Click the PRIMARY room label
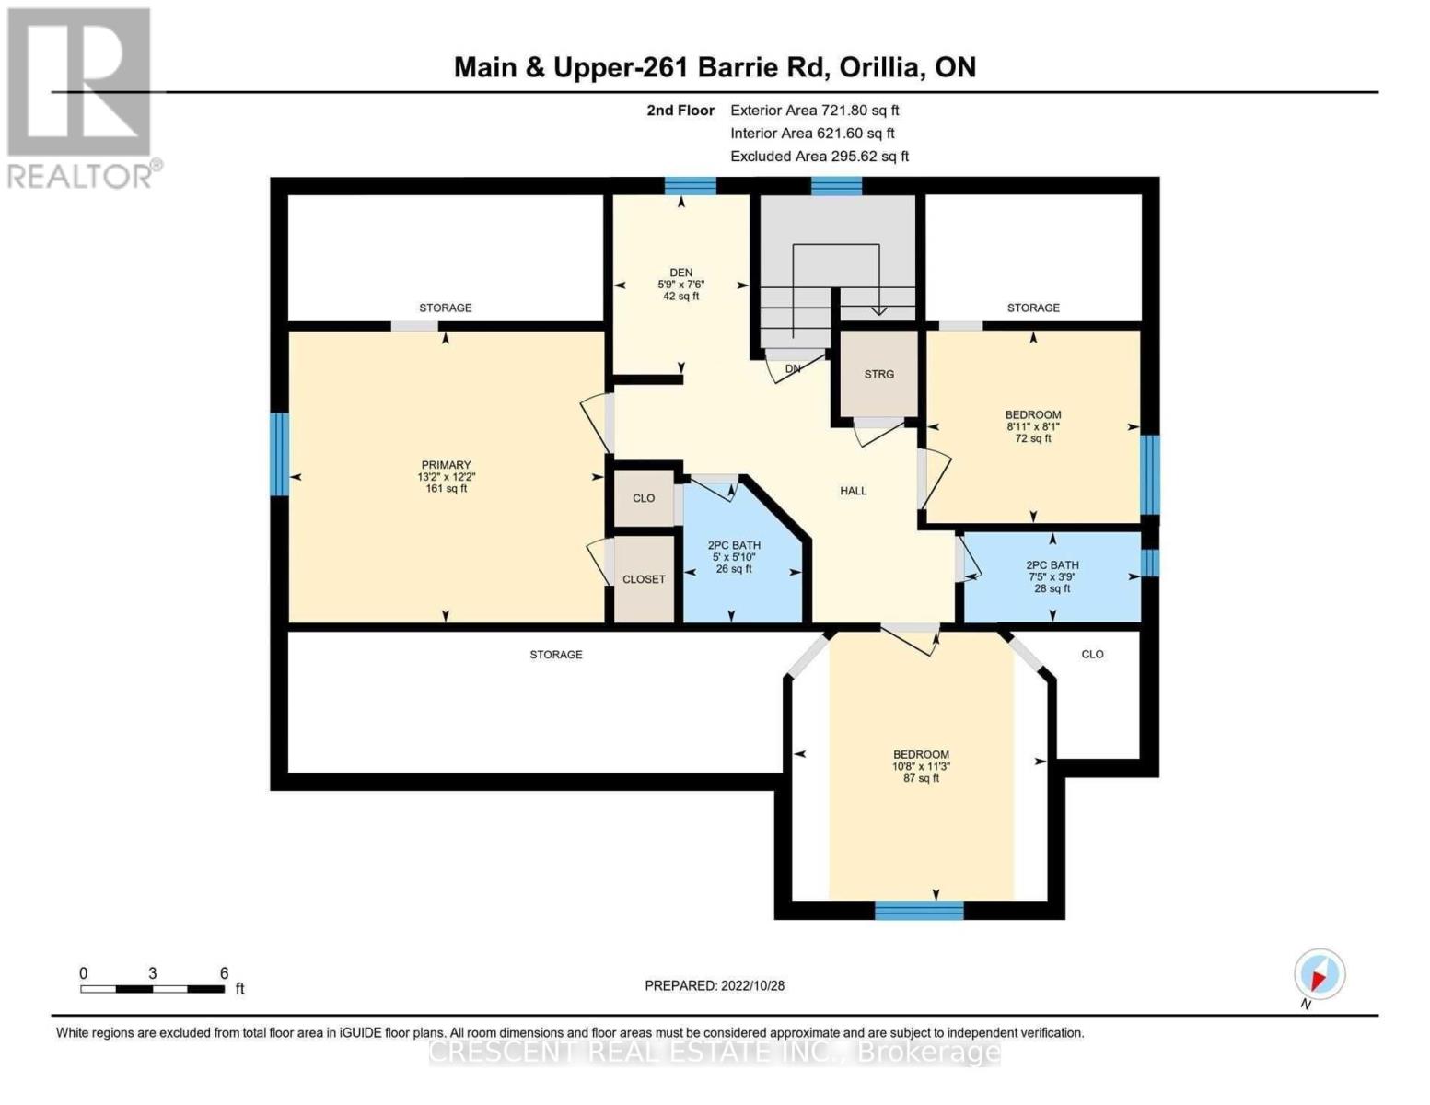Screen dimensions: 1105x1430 [446, 465]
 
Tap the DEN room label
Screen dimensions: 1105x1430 [680, 273]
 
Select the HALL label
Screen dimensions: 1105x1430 [853, 491]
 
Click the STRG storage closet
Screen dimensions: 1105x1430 [878, 374]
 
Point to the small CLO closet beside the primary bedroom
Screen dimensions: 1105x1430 [644, 498]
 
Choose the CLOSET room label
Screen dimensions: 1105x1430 [644, 579]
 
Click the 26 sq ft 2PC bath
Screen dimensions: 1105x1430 [734, 556]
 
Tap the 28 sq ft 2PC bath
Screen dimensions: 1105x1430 [1052, 576]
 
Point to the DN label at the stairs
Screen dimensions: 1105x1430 [793, 369]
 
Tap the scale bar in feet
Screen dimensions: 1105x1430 [153, 989]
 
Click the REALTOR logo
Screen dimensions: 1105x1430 [80, 97]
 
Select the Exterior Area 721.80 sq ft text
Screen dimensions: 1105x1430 [814, 110]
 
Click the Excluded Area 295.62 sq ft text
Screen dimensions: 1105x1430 [819, 157]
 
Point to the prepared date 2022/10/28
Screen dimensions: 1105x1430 [715, 985]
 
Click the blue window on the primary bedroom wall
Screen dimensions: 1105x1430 [279, 454]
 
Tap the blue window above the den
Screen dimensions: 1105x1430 [690, 185]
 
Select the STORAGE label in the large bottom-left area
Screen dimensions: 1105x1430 [555, 655]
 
